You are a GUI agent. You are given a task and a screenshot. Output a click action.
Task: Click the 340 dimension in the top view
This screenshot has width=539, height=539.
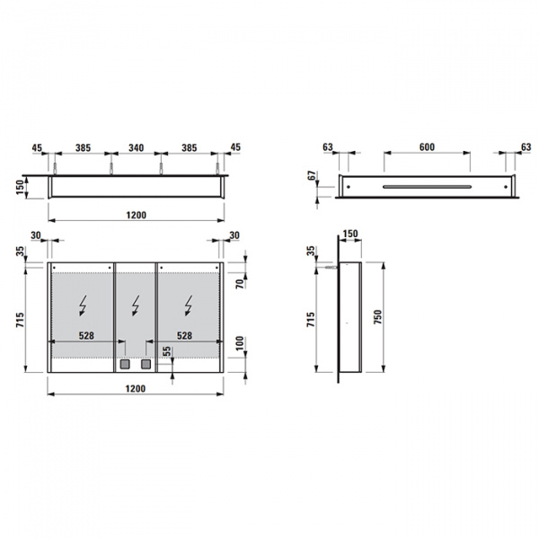tap(136, 146)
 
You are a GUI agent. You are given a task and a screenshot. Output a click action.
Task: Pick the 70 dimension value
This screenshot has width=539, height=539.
tap(240, 282)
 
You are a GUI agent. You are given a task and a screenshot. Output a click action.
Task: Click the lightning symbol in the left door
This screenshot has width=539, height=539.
tap(84, 306)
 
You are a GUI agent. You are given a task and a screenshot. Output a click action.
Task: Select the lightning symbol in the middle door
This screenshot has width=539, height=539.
tap(137, 306)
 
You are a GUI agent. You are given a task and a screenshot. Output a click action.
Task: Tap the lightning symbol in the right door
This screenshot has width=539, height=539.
tap(188, 306)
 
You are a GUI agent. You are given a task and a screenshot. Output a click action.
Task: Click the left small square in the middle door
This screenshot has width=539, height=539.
tap(127, 366)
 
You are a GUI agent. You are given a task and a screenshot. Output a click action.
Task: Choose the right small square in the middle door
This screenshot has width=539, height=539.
tap(146, 366)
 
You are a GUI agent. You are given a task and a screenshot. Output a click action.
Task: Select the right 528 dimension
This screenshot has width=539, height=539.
tap(184, 335)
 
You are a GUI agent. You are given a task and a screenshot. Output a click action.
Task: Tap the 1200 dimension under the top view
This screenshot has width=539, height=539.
tap(136, 215)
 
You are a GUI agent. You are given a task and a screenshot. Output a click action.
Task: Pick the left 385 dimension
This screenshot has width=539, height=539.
tap(84, 146)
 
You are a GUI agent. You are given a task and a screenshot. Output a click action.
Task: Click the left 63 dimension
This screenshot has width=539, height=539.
tap(327, 146)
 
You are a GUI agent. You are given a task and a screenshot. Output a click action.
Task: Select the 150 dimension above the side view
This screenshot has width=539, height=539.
tap(349, 234)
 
